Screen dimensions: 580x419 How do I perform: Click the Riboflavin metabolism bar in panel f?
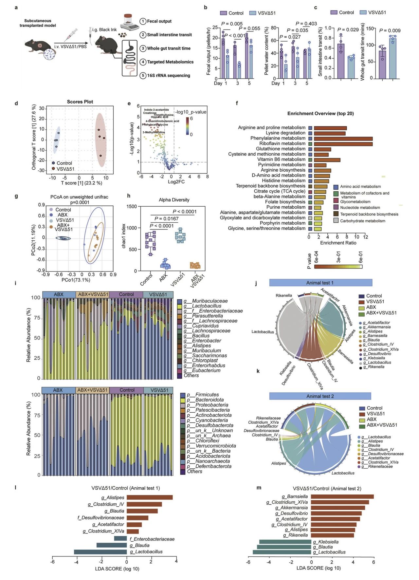coord(343,143)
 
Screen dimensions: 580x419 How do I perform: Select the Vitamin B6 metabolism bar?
coord(327,159)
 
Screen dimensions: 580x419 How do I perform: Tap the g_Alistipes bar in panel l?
coord(149,497)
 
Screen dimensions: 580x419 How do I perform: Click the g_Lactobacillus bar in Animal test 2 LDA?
coord(282,552)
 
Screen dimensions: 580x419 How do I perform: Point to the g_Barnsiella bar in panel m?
coord(342,496)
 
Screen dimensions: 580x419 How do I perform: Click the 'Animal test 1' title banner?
coord(320,283)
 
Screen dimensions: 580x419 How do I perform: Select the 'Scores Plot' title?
coord(80,102)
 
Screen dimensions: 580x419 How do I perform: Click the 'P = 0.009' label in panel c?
coord(390,30)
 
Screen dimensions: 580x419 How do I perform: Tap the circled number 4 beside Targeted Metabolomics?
coord(143,62)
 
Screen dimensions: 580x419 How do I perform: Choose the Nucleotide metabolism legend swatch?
coord(336,207)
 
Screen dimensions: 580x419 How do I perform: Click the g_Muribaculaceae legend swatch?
coord(179,301)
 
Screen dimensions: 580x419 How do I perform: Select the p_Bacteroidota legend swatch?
coord(183,400)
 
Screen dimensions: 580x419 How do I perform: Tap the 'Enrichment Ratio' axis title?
coord(338,243)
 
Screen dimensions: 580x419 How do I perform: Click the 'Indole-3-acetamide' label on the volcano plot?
coord(156,110)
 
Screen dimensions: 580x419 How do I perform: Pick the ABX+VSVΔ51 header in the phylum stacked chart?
coord(92,390)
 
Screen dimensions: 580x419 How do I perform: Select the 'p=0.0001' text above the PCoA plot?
coord(80,202)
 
